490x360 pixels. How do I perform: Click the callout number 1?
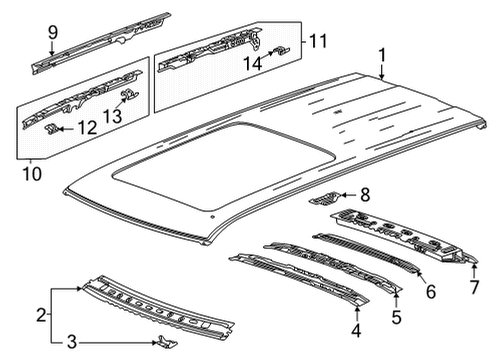[x=382, y=55]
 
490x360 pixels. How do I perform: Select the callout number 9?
[x=53, y=32]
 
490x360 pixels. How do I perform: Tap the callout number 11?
[x=318, y=41]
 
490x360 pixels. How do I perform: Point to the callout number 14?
[x=253, y=63]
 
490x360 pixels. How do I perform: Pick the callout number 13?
[x=112, y=116]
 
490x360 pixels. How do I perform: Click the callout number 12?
[x=87, y=128]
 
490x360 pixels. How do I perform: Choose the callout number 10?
[x=32, y=174]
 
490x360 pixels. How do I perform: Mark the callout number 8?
[x=365, y=195]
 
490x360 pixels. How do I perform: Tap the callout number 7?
[x=474, y=287]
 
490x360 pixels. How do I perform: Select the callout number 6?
[x=431, y=292]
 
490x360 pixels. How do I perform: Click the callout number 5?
[x=396, y=317]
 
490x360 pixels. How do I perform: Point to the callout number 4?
[x=356, y=331]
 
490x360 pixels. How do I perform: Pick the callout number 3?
[x=72, y=342]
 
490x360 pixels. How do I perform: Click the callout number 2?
[x=41, y=315]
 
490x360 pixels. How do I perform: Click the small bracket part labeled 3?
[x=167, y=341]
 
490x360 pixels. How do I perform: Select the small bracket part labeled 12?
[x=52, y=129]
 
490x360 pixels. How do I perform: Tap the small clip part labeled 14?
[x=281, y=51]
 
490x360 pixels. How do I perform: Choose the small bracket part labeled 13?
[x=129, y=94]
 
